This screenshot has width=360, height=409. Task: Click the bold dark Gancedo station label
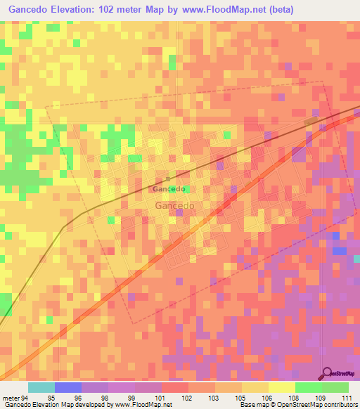(169, 189)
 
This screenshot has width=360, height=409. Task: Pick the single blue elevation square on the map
(340, 250)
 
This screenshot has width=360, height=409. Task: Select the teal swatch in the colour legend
(41, 387)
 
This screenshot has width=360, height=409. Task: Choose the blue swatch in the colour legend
(67, 387)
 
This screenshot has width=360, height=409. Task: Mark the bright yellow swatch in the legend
(281, 387)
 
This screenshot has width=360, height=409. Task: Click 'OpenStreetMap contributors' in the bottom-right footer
(325, 405)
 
